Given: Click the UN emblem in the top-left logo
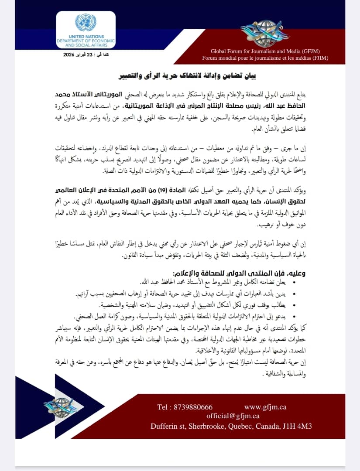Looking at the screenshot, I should pos(86,23).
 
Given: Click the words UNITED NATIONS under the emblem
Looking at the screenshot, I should pos(86,37).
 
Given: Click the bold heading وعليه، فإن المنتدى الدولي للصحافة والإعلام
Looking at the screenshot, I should pos(240,273).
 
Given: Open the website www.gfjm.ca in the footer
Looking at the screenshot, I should pos(265,407).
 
